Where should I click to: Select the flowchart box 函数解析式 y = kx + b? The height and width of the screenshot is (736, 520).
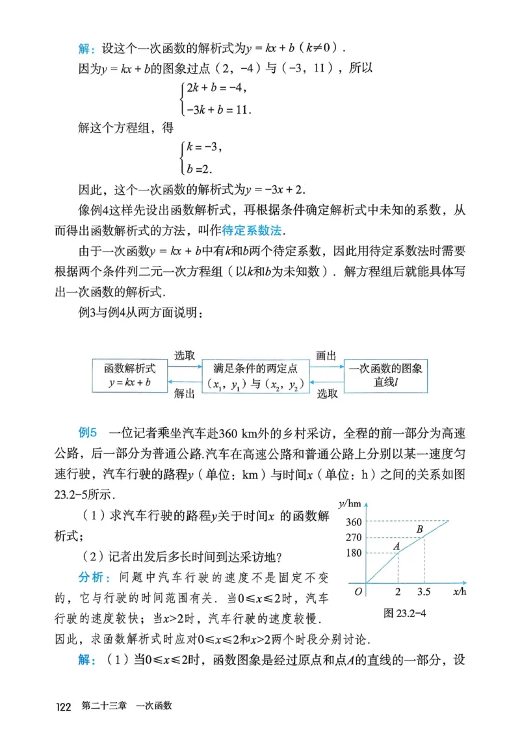click(129, 376)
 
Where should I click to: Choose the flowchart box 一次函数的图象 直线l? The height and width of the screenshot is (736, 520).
click(385, 375)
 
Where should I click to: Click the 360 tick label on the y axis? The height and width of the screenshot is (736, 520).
click(354, 521)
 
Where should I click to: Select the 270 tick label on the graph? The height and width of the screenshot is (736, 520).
click(354, 538)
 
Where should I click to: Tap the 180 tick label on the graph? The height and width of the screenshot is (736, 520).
click(354, 553)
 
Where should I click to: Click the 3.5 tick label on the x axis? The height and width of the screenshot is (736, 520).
click(424, 593)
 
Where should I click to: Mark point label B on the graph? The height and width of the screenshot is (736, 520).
click(420, 530)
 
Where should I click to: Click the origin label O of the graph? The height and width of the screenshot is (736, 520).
click(358, 592)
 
